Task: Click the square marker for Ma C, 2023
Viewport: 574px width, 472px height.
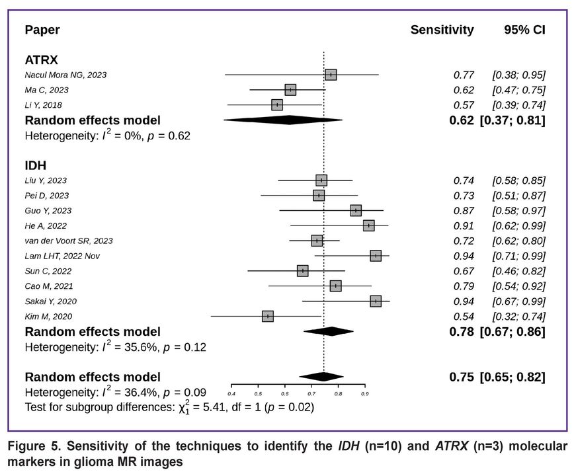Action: [290, 90]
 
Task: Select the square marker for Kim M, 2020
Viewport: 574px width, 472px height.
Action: [267, 317]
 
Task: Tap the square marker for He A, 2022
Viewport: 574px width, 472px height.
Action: [368, 226]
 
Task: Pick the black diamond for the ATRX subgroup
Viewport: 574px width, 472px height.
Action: [283, 120]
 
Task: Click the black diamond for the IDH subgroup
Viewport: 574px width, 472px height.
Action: [328, 331]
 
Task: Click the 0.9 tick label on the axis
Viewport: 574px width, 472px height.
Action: [364, 393]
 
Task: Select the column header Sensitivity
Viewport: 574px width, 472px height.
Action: [442, 30]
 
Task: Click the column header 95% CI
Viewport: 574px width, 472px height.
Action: [524, 30]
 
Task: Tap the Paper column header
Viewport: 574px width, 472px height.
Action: [42, 30]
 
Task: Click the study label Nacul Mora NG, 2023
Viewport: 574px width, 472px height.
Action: [65, 75]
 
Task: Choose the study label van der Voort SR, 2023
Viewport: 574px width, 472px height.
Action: [69, 241]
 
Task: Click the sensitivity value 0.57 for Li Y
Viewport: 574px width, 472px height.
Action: [464, 105]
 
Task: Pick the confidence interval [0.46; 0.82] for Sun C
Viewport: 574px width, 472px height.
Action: [518, 271]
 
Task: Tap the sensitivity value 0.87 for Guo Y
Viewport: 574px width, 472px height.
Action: [464, 211]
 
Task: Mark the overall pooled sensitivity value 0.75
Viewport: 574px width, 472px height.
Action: [461, 377]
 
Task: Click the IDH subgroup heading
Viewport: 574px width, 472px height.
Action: [36, 165]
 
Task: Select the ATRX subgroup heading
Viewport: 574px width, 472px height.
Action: [41, 59]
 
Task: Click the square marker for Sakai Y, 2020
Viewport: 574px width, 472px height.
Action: [376, 301]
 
